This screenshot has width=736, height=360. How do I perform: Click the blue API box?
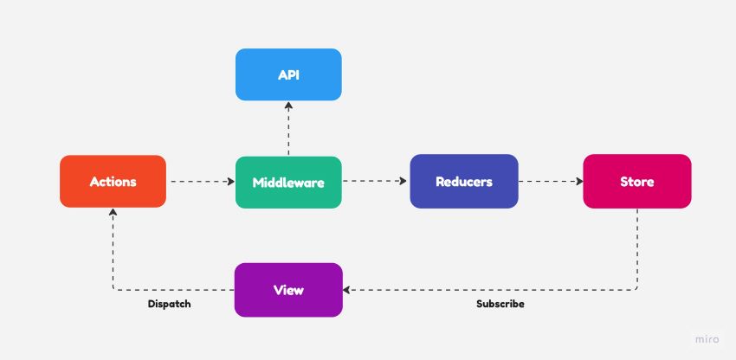click(288, 74)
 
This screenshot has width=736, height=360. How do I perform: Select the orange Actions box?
click(113, 181)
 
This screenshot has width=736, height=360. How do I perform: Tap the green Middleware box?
click(288, 182)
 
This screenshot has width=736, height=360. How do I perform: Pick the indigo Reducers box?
click(464, 181)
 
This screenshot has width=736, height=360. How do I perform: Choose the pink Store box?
click(637, 181)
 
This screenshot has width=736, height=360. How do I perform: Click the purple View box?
click(288, 290)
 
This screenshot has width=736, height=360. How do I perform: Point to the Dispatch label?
click(170, 304)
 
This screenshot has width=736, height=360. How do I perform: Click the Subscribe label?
click(500, 304)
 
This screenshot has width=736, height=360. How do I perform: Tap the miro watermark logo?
click(707, 339)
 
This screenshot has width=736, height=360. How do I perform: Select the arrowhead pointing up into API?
click(288, 106)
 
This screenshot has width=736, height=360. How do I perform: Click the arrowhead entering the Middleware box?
click(231, 182)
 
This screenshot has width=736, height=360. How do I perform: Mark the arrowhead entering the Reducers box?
click(403, 181)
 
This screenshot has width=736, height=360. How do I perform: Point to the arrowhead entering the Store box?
click(579, 181)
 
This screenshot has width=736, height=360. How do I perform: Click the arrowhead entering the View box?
click(346, 290)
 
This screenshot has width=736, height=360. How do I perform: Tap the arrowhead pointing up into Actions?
click(113, 212)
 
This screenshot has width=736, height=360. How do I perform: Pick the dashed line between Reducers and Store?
click(551, 181)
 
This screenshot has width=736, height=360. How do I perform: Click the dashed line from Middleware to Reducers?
click(375, 181)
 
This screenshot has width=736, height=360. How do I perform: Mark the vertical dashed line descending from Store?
click(637, 248)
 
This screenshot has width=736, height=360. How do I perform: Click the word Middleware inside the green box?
click(288, 182)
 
